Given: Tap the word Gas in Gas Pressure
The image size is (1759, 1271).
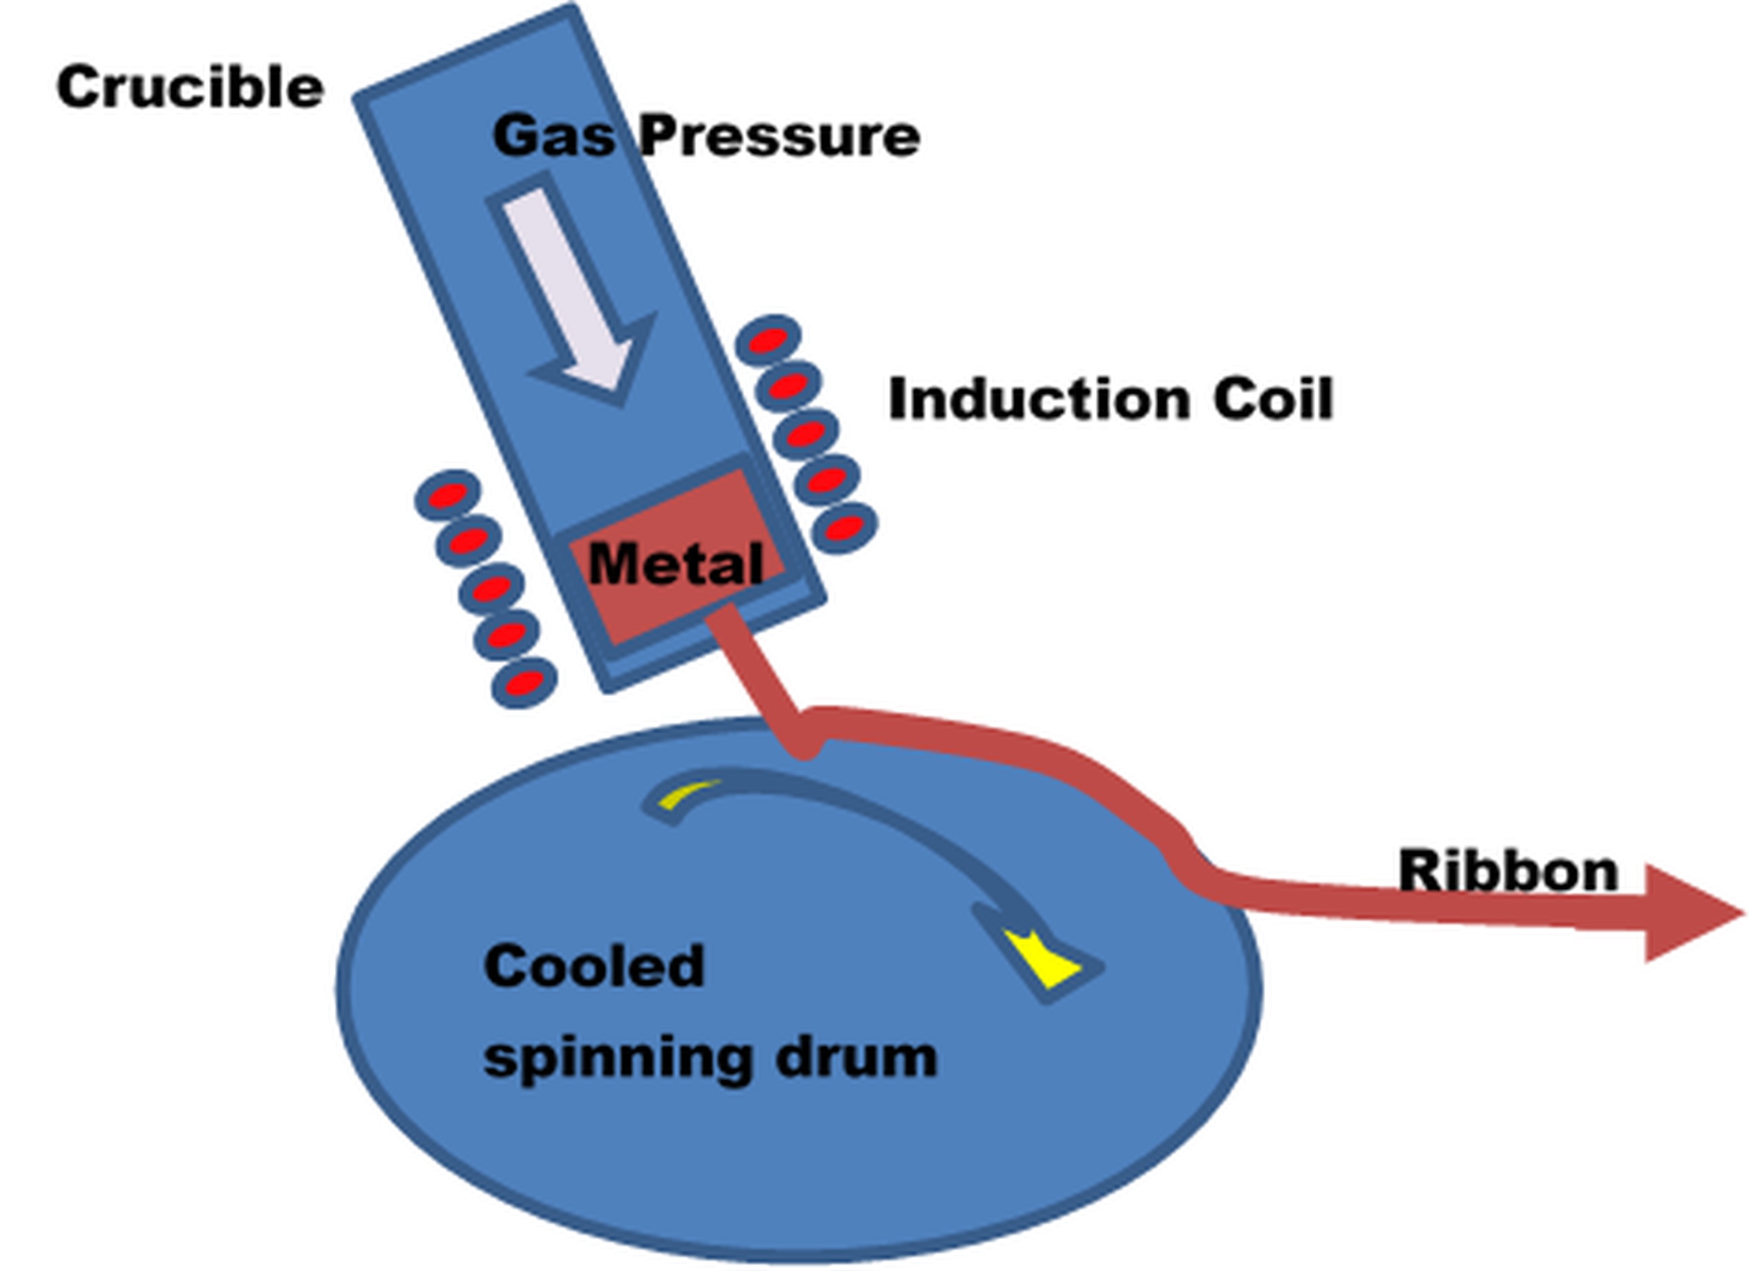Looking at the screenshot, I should click(x=554, y=137).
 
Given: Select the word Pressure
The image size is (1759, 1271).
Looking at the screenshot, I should click(x=780, y=137).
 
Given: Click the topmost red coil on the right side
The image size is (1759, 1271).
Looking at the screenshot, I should click(x=767, y=340).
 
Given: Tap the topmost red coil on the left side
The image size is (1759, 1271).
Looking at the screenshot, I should click(x=447, y=494).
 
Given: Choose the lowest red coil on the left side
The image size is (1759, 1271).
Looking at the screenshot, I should click(x=524, y=683).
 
